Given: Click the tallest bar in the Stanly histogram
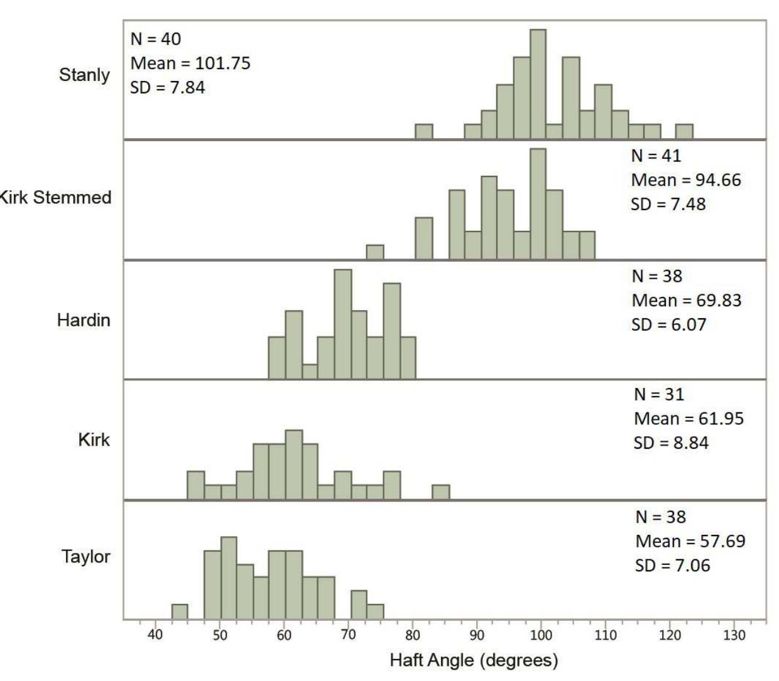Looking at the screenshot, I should pyautogui.click(x=538, y=84).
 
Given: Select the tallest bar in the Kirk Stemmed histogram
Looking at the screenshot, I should pyautogui.click(x=538, y=204).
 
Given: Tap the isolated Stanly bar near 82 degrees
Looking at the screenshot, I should pyautogui.click(x=424, y=132).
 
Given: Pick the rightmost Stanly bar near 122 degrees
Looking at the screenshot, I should pyautogui.click(x=684, y=132).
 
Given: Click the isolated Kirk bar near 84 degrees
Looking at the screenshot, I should pyautogui.click(x=440, y=492).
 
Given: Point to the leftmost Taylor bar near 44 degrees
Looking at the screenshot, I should pyautogui.click(x=180, y=611).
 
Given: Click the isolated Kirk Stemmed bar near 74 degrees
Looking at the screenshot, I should pyautogui.click(x=375, y=252).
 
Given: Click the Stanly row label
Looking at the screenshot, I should pyautogui.click(x=84, y=75).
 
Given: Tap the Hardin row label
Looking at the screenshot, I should pyautogui.click(x=84, y=320).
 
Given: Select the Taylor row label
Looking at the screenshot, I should pyautogui.click(x=85, y=557).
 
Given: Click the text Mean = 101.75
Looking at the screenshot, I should pyautogui.click(x=190, y=63).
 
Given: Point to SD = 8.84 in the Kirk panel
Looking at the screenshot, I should pyautogui.click(x=670, y=443).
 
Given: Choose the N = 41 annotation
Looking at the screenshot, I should pyautogui.click(x=656, y=156).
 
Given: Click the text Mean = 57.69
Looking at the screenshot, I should pyautogui.click(x=690, y=541).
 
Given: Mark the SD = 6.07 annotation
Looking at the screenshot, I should pyautogui.click(x=668, y=324).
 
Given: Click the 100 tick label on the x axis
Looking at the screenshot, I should pyautogui.click(x=541, y=635).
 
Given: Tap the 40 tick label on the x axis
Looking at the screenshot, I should pyautogui.click(x=155, y=635).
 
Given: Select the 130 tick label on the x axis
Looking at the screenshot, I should pyautogui.click(x=734, y=635).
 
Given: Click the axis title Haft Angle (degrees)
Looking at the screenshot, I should pyautogui.click(x=474, y=660).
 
